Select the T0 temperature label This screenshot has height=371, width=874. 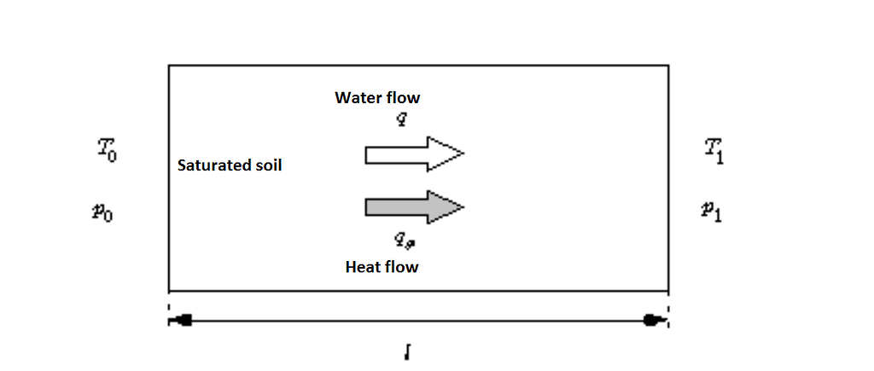point(107,154)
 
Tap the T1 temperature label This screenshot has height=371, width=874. point(714,154)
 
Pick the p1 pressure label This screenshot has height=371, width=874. point(711,211)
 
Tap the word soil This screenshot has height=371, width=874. point(265,165)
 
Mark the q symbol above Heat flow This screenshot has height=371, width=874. point(393,242)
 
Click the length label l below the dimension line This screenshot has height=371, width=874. point(410,350)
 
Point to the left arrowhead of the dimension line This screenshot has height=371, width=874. point(180,321)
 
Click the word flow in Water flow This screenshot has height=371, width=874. point(403,97)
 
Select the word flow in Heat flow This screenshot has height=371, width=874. point(401,267)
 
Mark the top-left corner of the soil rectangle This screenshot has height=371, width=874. point(169,65)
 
